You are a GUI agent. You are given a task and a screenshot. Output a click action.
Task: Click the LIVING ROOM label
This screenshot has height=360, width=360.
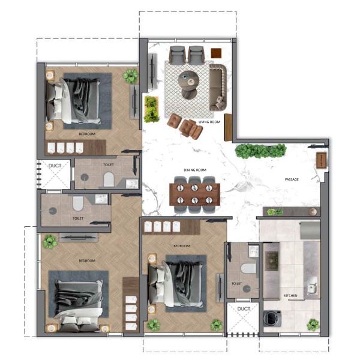209,122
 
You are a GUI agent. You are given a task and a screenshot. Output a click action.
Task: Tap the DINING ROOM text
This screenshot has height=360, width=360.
195,170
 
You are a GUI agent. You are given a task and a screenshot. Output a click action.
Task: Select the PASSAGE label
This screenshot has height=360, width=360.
292,179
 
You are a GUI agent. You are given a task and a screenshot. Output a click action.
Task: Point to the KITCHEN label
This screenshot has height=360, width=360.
290,295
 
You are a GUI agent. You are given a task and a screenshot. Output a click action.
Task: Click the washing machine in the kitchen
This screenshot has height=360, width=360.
272,319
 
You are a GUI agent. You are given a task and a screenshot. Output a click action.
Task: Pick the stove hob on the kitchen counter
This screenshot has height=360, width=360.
272,261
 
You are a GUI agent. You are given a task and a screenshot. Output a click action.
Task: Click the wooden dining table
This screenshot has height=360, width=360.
194,194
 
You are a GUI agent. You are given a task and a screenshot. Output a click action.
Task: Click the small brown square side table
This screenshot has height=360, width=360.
216,53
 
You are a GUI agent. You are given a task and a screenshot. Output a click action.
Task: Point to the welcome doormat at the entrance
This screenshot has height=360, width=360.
321,160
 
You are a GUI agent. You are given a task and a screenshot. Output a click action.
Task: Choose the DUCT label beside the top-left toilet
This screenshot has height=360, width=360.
55,166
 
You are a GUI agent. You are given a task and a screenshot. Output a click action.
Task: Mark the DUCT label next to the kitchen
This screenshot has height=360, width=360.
244,309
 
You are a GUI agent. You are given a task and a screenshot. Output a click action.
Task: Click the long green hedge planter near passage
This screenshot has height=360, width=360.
260,151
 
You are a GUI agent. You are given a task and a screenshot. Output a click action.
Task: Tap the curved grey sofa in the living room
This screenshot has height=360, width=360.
218,88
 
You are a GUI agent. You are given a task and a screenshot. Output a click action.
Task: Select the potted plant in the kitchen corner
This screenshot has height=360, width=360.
313,325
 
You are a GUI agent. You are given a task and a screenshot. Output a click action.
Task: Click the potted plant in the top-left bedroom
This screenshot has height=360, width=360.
131,76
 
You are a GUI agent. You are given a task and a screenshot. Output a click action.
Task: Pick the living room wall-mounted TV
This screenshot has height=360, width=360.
152,71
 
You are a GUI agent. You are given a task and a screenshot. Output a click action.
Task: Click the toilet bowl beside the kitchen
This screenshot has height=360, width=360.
248,268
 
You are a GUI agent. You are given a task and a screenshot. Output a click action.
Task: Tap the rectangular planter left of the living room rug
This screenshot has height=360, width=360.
151,109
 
